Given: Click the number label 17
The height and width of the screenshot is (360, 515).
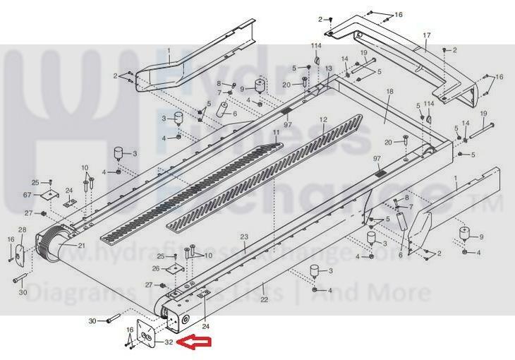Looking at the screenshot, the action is coord(426,35).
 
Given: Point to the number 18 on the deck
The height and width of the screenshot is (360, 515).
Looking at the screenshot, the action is coord(389,92).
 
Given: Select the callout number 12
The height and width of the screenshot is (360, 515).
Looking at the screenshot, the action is coord(324,120).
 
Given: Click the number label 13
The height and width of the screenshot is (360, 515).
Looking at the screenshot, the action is coord(328,68).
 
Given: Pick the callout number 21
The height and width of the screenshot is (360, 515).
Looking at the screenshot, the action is coord(81,246).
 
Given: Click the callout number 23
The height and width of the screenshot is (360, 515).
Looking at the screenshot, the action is coord(244,237).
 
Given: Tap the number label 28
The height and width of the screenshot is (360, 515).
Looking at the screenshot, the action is coord(22,230).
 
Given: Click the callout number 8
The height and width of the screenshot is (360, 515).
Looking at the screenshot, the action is coord(218,84).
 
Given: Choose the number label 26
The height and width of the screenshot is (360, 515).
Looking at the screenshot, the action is coord(156,268).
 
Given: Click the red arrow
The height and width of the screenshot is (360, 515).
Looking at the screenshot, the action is coord(196,343).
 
